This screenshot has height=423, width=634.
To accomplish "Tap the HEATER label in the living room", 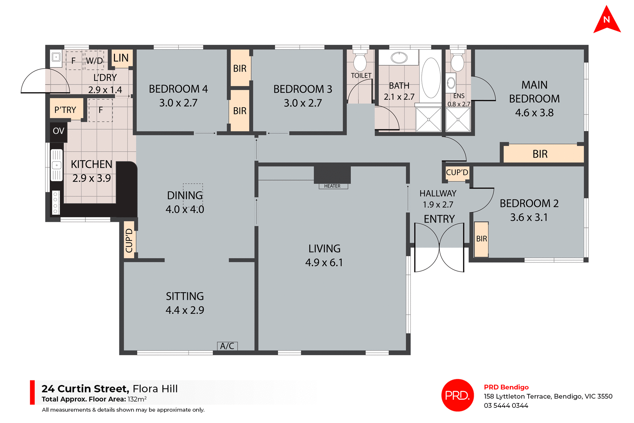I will (333, 186).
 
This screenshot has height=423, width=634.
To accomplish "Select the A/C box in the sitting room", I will (227, 346).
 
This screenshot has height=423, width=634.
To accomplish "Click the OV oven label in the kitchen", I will (58, 131).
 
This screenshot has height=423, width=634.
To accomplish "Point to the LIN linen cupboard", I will (121, 58).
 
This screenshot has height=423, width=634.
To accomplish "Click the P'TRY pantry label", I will (65, 110).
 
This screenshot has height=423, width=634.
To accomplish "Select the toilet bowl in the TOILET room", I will (360, 62).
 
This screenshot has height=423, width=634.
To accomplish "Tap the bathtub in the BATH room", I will (431, 78).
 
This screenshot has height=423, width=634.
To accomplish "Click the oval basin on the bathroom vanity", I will (399, 58).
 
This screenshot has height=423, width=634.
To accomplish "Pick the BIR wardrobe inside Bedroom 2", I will (481, 239).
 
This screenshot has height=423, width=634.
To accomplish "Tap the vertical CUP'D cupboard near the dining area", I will (129, 240).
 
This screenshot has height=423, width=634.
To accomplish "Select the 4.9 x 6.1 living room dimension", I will (324, 263).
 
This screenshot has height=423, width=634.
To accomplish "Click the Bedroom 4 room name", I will (178, 89).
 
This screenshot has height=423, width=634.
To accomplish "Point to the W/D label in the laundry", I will (94, 61).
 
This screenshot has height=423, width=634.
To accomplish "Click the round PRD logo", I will (457, 395).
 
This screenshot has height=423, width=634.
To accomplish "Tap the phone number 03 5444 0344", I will (506, 405).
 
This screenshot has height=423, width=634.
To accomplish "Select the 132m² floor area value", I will (137, 399).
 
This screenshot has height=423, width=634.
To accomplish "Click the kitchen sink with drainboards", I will (56, 165).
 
